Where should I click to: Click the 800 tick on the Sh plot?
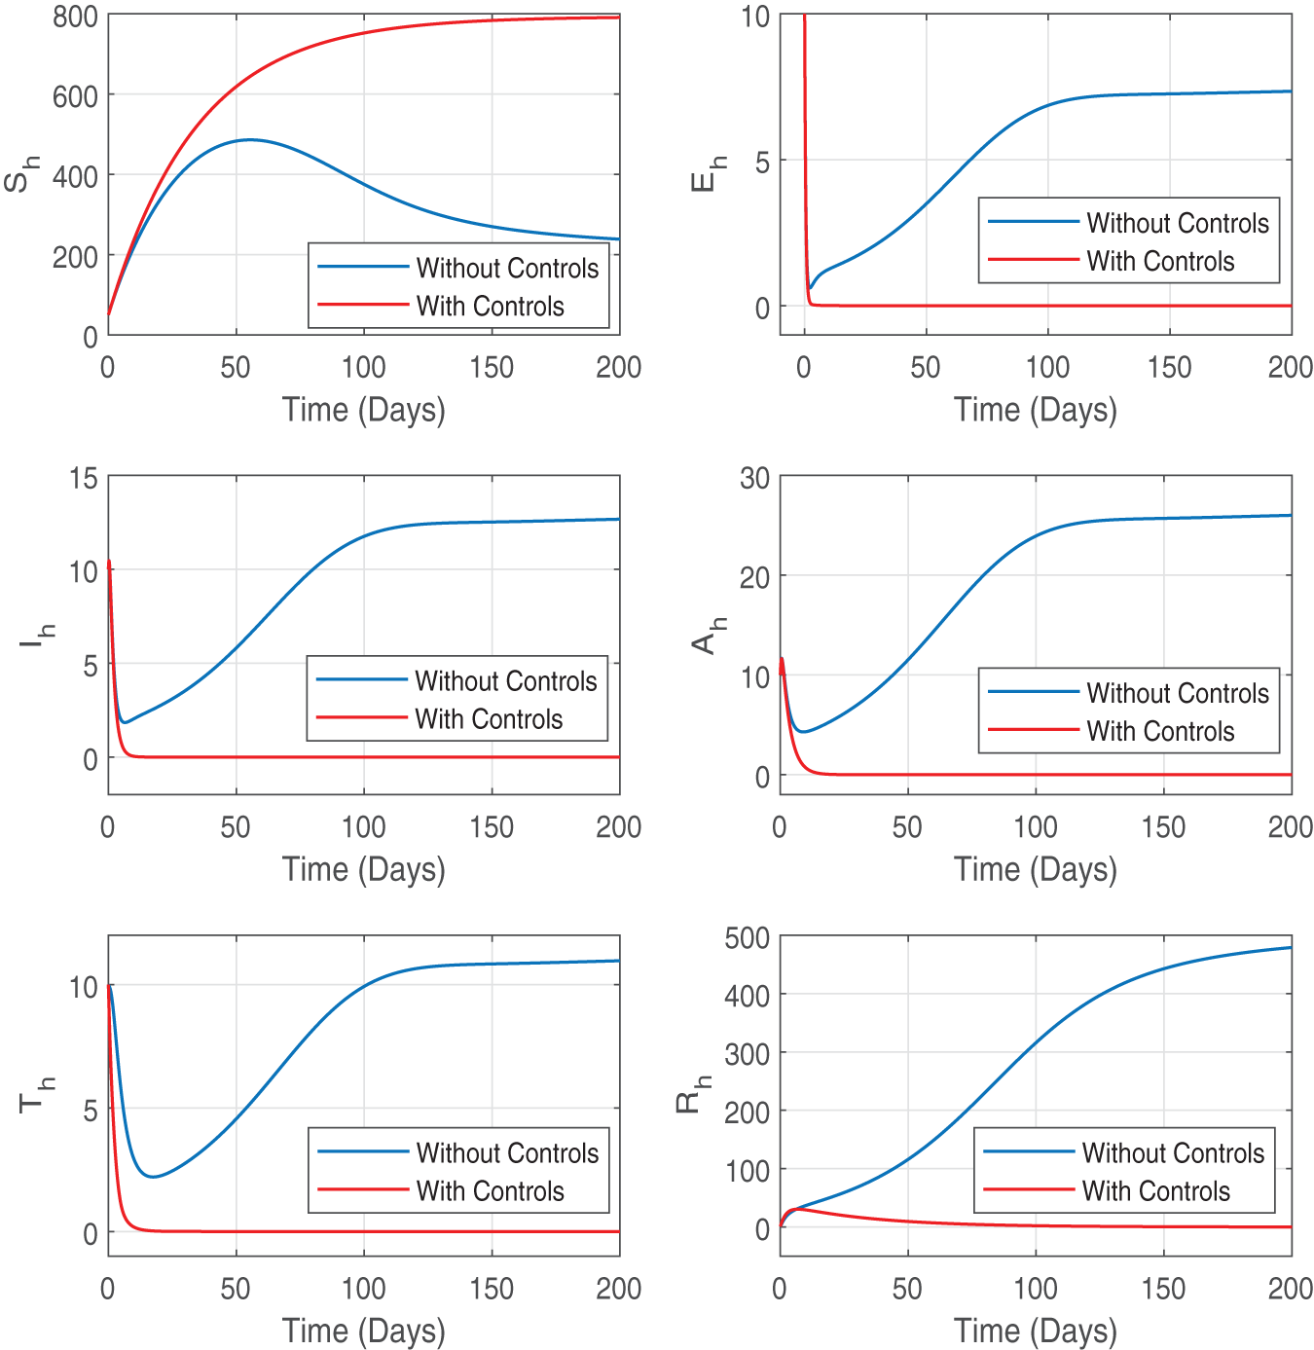(75, 17)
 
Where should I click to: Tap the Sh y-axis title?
(21, 175)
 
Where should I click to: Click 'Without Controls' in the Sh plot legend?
(507, 269)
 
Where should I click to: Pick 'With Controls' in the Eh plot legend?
(1160, 262)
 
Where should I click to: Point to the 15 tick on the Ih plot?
(84, 478)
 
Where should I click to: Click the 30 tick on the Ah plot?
(754, 478)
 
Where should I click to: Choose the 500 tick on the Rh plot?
(747, 938)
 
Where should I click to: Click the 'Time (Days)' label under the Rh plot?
(1035, 1331)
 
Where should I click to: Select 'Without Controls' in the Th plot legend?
(507, 1153)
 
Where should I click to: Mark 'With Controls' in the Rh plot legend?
(1156, 1191)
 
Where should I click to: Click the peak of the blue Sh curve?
(249, 140)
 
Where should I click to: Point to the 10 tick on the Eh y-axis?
(754, 17)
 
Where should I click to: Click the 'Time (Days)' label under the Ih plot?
(363, 869)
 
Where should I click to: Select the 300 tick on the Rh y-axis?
(747, 1054)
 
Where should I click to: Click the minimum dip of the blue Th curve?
(152, 1177)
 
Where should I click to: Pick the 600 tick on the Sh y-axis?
(75, 96)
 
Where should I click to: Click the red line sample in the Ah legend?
(1032, 729)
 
